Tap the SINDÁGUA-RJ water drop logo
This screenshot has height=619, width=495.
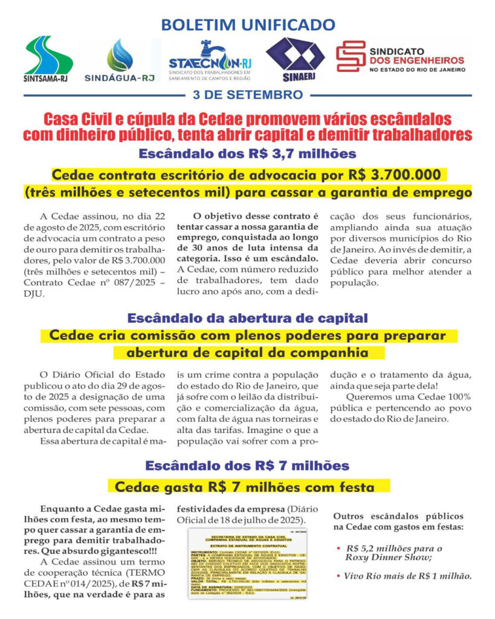pyautogui.click(x=121, y=59)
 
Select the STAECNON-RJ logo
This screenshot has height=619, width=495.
pyautogui.click(x=210, y=59)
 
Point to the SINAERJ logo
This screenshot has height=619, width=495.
pyautogui.click(x=296, y=58)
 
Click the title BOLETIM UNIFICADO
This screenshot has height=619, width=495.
pyautogui.click(x=248, y=25)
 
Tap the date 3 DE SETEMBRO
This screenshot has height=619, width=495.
pyautogui.click(x=248, y=95)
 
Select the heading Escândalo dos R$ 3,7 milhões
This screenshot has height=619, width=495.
pyautogui.click(x=248, y=153)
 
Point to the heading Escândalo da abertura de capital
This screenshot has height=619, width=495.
pyautogui.click(x=247, y=317)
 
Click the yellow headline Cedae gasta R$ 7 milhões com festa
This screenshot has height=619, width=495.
pyautogui.click(x=248, y=487)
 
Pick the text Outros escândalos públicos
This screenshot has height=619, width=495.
pyautogui.click(x=399, y=516)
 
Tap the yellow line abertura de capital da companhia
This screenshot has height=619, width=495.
pyautogui.click(x=248, y=352)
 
